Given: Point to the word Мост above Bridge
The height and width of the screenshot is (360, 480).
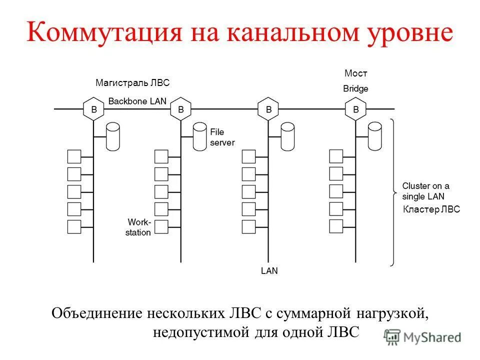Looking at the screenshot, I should coord(356,73).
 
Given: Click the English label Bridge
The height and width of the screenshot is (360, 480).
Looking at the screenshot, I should coord(356,89).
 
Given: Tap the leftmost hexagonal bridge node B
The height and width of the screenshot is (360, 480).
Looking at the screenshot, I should coord(93,108).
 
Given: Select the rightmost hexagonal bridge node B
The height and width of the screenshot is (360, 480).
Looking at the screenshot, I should coord(356,108).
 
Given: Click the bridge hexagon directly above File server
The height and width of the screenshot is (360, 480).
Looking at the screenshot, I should coord(181,108).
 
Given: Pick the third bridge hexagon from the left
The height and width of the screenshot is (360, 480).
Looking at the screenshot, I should coord(268,108).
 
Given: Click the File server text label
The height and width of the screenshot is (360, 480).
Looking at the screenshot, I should coord(221,137).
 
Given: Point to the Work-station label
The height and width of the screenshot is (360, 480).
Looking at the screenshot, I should coord(138,226).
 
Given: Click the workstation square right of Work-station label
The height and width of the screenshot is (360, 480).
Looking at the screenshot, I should coord(161,226).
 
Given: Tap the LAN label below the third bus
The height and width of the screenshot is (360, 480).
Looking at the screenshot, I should coord(269,270).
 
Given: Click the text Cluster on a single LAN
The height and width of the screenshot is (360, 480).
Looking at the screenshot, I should coord(425,191).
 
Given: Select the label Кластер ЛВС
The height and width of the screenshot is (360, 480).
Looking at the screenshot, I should coord(431,210).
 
